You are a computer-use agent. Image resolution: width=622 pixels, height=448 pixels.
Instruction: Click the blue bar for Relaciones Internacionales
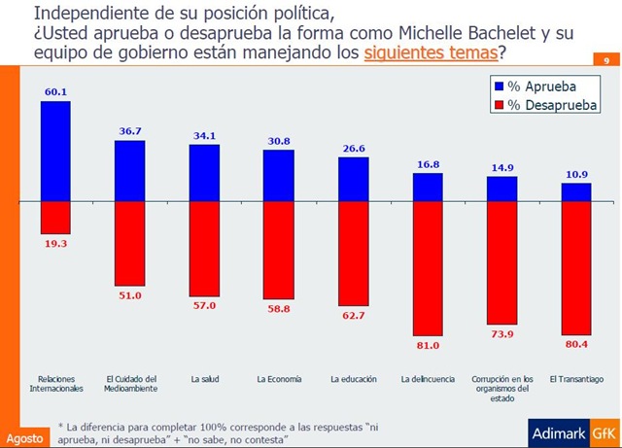point(55,151)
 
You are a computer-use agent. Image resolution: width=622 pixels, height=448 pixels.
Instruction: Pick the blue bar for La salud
point(204,172)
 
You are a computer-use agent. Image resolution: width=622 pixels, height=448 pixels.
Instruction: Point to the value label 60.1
point(55,91)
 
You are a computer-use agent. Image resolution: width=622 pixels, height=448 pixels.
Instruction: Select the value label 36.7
point(129,131)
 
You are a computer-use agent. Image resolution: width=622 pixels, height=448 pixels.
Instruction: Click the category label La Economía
point(279,378)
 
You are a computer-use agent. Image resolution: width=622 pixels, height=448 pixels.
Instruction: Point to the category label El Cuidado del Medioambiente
point(129,383)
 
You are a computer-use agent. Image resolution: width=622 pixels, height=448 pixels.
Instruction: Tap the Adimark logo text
point(556,431)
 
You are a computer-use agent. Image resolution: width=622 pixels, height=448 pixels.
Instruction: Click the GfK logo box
point(605,431)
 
